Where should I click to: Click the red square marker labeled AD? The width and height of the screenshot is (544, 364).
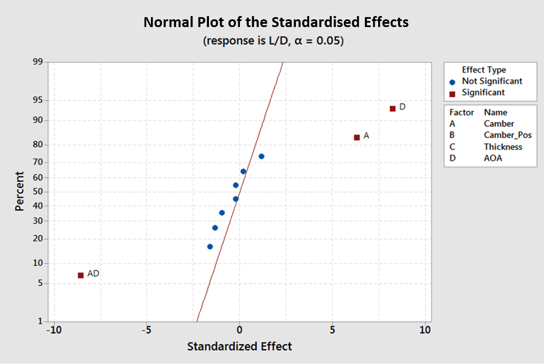81,275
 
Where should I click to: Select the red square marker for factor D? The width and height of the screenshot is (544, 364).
393,109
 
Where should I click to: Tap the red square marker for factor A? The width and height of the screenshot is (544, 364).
357,138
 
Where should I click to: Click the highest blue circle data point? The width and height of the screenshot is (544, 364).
261,156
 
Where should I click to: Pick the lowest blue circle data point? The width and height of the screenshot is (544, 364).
210,247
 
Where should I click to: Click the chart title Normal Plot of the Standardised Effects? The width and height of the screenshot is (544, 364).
276,23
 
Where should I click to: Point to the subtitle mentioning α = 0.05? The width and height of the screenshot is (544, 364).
273,41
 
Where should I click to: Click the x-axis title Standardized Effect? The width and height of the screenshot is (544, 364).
239,347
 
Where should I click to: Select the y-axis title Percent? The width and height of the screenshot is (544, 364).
20,192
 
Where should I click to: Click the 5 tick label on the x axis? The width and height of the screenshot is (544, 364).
332,330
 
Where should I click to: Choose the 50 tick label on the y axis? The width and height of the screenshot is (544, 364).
38,192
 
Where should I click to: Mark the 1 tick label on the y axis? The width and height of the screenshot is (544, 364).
40,321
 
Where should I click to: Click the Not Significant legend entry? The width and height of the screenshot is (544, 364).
492,81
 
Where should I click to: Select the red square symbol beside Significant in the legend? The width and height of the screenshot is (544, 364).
452,93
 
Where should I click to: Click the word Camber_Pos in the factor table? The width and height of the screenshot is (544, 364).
508,135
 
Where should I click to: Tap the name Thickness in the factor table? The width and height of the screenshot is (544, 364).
503,147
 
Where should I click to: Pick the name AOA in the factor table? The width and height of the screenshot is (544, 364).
493,159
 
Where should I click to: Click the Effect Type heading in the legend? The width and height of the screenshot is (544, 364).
484,70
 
